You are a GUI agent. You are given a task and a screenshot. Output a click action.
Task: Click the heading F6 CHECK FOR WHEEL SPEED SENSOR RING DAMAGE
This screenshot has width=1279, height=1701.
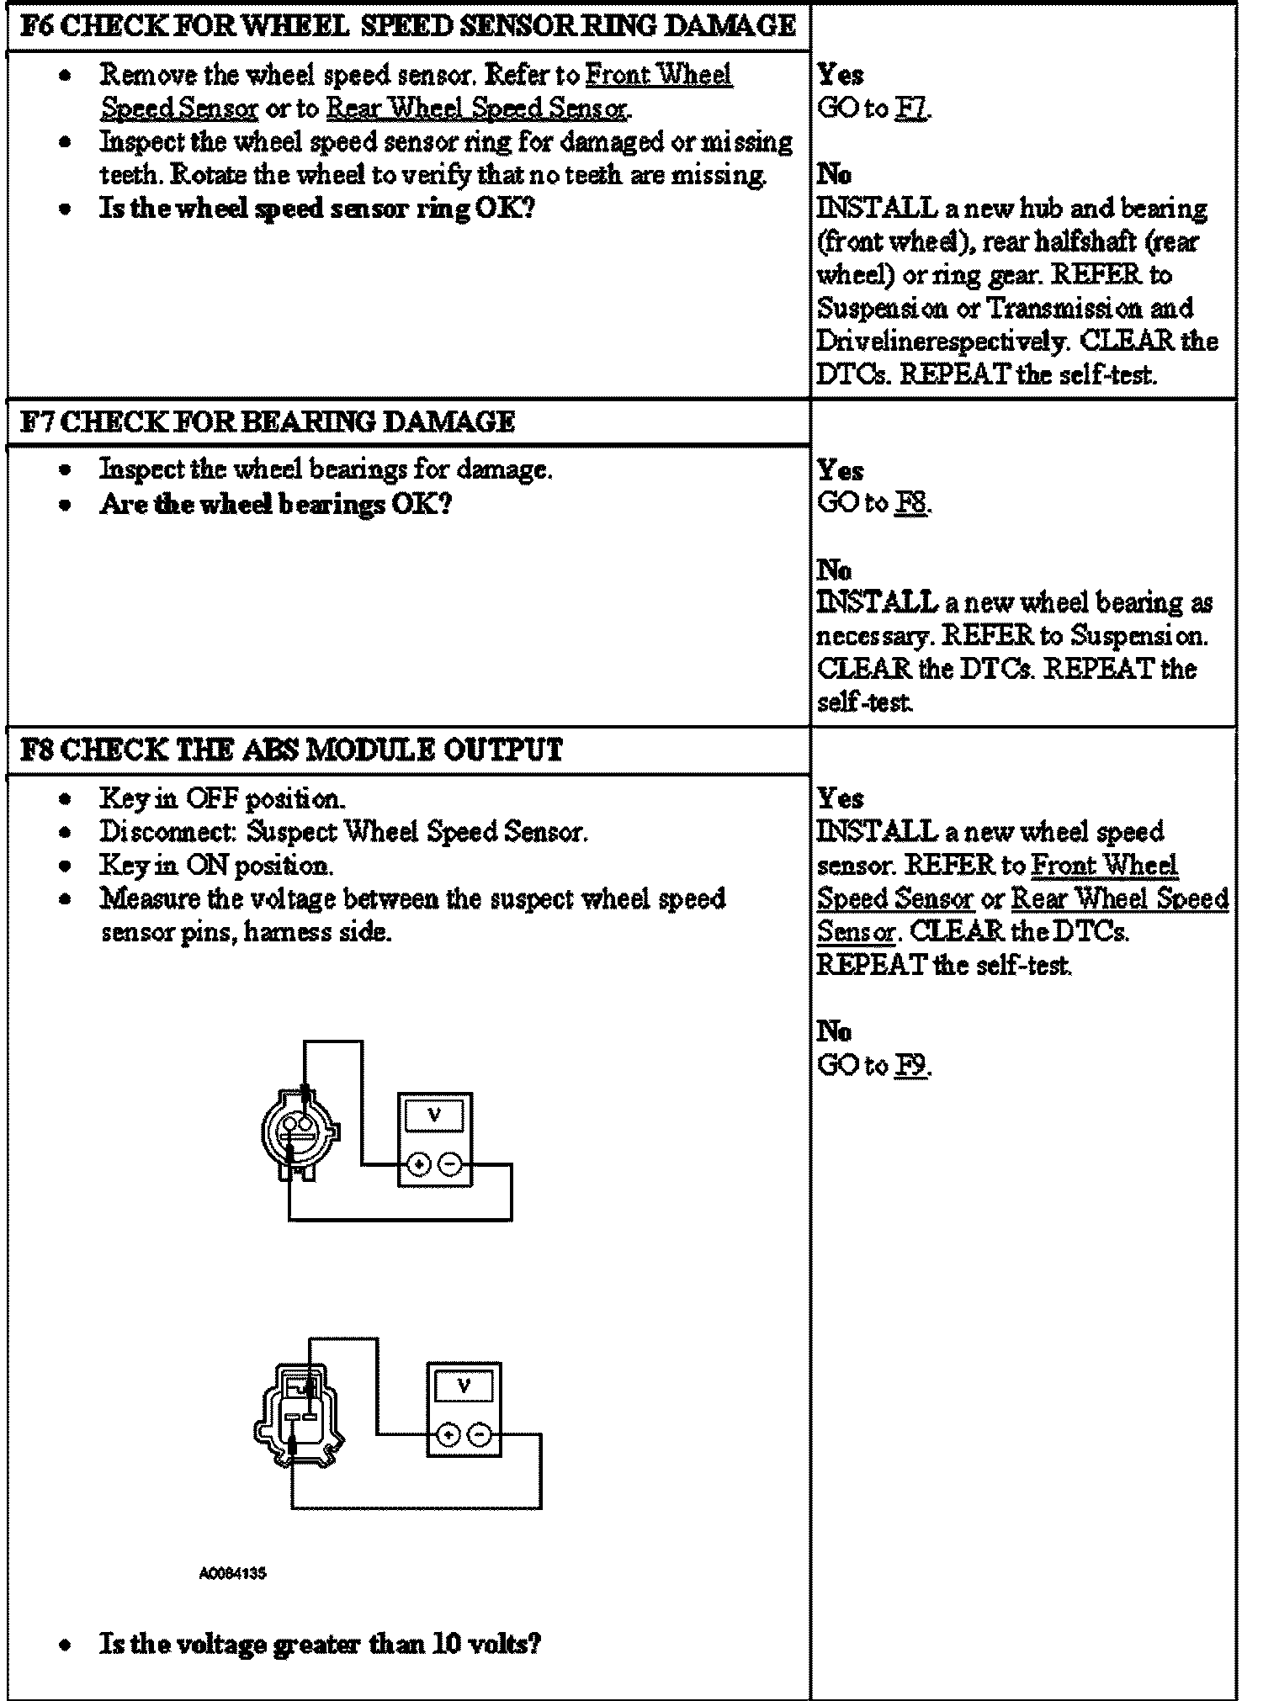407,26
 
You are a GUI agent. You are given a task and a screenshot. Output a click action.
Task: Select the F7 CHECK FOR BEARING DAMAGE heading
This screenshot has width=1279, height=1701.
267,421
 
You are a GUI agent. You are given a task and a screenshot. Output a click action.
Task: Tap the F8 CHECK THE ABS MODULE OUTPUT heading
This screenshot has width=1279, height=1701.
291,749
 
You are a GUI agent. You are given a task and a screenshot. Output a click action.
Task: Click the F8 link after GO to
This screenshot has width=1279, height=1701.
911,503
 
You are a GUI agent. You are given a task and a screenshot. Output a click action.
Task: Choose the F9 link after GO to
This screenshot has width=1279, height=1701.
911,1066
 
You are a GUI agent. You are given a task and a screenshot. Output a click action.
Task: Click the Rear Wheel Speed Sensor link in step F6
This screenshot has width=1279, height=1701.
476,109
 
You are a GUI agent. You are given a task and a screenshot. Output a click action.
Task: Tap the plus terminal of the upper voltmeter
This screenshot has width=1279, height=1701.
419,1164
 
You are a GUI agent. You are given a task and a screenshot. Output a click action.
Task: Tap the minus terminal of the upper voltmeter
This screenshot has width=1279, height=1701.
451,1164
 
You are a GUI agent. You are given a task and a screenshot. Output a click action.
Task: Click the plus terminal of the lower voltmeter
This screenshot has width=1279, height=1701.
448,1434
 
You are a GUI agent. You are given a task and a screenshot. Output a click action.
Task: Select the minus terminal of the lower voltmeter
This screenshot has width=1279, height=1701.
480,1434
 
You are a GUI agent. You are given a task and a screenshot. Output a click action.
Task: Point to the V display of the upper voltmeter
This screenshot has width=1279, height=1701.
434,1115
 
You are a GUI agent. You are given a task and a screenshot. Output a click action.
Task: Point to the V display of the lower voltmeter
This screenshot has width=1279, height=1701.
464,1386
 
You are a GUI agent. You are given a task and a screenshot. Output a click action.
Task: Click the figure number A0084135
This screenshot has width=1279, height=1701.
233,1573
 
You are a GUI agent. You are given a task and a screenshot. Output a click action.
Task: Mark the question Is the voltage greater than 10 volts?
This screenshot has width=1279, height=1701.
320,1642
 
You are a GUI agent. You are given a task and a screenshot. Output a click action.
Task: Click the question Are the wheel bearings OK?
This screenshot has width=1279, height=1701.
276,504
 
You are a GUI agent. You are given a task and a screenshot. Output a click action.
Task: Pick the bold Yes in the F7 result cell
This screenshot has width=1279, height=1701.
840,469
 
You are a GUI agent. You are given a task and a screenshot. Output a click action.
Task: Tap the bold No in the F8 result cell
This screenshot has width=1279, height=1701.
834,1031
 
